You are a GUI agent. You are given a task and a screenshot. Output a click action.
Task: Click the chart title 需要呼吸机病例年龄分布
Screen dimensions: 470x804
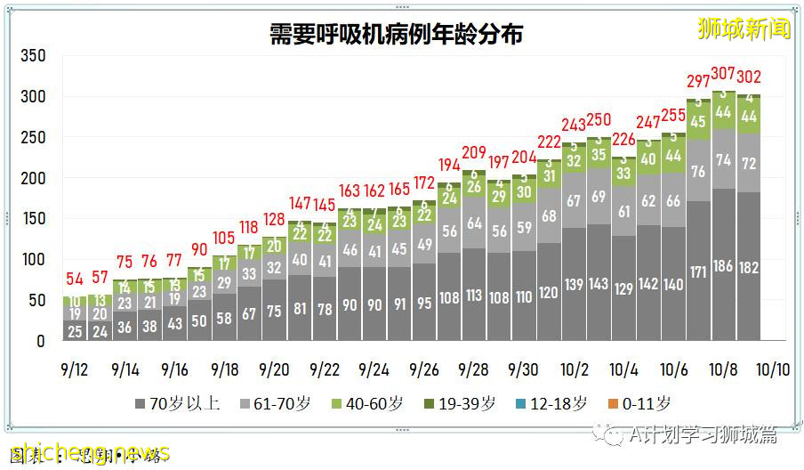(x=397, y=35)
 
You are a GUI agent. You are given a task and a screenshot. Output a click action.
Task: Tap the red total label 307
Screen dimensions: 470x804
(x=723, y=74)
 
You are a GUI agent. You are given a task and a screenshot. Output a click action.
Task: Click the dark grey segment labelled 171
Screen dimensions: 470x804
(x=698, y=271)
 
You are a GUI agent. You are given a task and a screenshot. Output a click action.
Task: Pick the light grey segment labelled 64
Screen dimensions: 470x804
(x=474, y=223)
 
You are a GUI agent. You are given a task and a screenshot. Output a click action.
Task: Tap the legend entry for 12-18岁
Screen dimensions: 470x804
(x=551, y=403)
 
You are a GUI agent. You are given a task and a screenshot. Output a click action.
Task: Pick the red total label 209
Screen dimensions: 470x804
(x=474, y=152)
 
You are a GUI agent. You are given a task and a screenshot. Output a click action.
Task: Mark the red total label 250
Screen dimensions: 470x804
(x=599, y=120)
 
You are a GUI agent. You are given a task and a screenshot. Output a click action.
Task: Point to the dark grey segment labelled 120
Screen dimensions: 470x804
(x=549, y=292)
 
